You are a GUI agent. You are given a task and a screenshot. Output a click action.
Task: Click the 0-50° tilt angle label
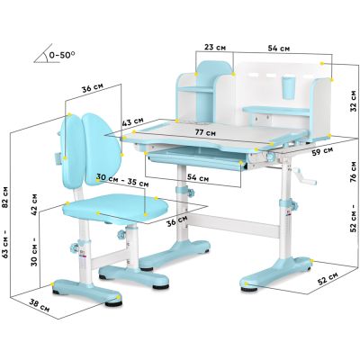[x=62, y=55]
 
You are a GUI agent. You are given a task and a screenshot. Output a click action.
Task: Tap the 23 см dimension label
[x=215, y=48]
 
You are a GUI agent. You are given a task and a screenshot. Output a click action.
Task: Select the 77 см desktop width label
[x=205, y=131]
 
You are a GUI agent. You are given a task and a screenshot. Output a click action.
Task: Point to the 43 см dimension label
[x=133, y=121]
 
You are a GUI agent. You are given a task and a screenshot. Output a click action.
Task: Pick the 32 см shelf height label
[x=354, y=101]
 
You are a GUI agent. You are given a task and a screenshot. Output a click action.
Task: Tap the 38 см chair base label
[x=40, y=305]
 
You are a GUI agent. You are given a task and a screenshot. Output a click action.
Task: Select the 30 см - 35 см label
[x=122, y=180]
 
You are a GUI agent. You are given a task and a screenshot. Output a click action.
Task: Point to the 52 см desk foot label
[x=328, y=279]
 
